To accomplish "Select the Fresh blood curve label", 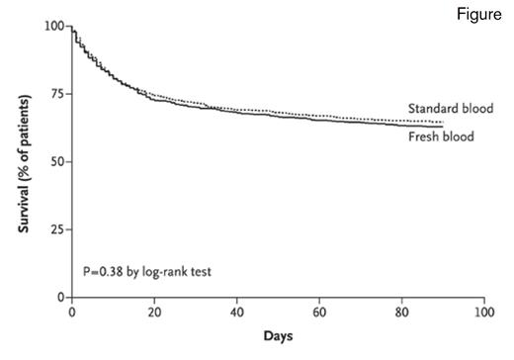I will tap(441, 135).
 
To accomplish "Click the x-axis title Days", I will tap(277, 337).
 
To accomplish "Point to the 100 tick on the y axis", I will tap(55, 25).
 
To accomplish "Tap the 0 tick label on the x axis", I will tap(72, 312).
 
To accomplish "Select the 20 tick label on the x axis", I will tap(154, 312).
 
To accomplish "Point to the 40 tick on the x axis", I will tap(237, 312).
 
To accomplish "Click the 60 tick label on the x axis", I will tap(319, 312).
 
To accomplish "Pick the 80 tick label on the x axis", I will tap(401, 312).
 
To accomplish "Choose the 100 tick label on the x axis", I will tap(483, 312).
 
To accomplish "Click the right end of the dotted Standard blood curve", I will tap(442, 122).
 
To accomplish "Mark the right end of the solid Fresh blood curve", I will tap(442, 127).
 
